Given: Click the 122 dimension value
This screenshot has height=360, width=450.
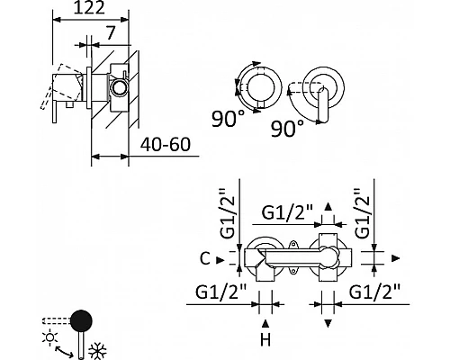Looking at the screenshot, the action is coord(89,8).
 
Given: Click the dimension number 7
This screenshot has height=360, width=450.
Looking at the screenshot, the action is coord(111,33).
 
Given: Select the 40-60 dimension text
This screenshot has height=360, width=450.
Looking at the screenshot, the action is coord(166,145).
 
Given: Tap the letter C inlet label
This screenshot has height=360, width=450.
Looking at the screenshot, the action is coord(205,258).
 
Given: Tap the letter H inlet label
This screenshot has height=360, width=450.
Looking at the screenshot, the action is coord(265,340).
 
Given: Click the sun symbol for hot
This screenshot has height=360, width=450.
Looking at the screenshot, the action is coord(50,337).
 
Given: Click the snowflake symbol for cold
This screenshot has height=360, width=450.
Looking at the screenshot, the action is coord(97,352).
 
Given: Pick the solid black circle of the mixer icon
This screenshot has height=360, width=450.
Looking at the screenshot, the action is coord(81,320).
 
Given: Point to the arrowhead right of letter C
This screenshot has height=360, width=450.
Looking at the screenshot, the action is coord(220,260).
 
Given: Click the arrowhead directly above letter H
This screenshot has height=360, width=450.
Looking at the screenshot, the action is coord(265,324).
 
